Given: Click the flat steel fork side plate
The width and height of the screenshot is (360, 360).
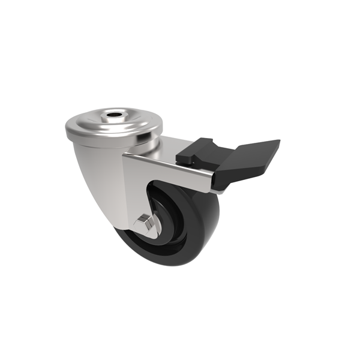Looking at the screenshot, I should coord(135,186).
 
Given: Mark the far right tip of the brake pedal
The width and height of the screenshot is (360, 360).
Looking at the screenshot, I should coord(278,142).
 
